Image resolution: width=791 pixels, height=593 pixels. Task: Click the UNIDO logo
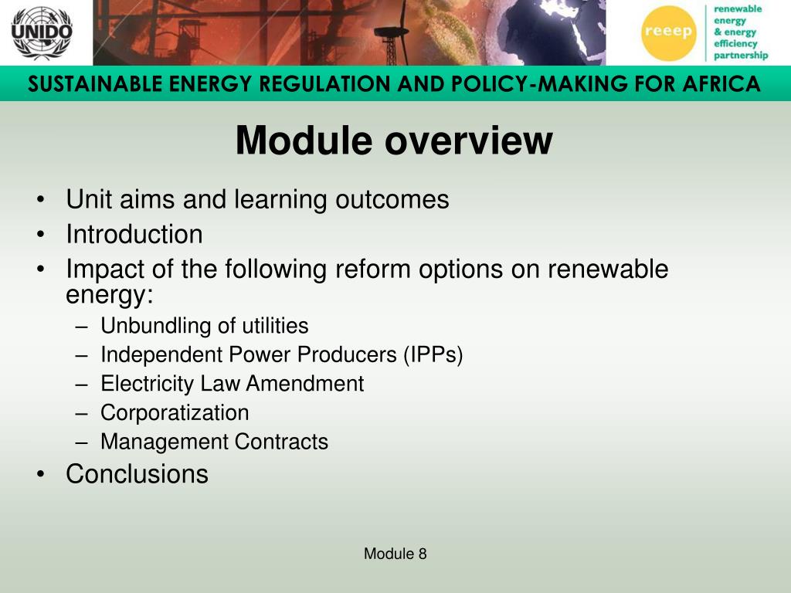pos(42,32)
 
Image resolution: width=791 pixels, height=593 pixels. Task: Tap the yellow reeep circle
pos(668,32)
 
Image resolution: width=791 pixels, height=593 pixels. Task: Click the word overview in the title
pos(469,141)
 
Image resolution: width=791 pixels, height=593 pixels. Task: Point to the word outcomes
pos(392,199)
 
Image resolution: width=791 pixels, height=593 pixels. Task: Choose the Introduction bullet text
pos(134,235)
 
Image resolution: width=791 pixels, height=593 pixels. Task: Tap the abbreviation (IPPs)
pos(433,354)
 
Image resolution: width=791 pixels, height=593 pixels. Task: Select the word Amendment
pos(304,384)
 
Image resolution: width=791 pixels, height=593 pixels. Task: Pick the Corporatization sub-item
pos(175,413)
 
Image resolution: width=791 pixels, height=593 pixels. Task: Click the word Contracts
pos(281,442)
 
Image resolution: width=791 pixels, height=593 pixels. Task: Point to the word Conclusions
pos(137,474)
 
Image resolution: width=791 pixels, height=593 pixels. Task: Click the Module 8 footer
pos(395,554)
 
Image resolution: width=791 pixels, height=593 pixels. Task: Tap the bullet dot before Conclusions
pos(41,475)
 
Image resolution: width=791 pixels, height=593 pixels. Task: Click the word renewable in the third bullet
pos(608,269)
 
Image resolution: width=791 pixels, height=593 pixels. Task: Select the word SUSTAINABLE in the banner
pos(95,83)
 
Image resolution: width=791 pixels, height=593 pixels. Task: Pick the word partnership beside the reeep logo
pos(741,56)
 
